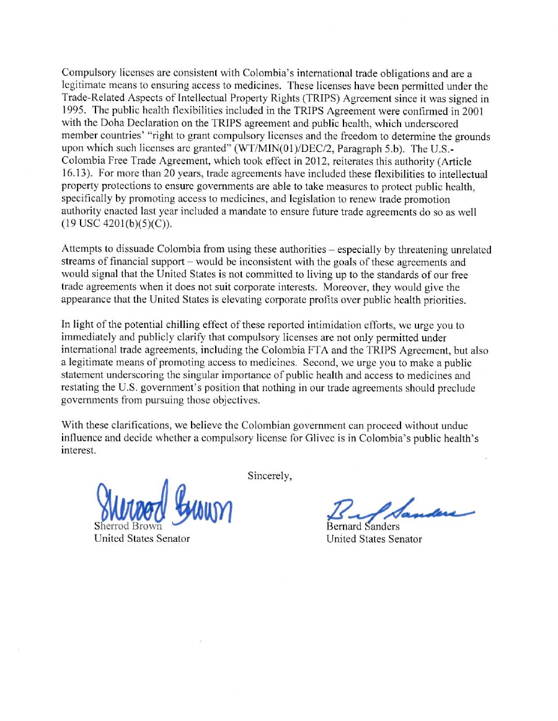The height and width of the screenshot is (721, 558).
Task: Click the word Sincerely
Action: click(x=270, y=476)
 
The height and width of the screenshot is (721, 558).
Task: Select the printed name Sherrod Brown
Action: click(x=127, y=526)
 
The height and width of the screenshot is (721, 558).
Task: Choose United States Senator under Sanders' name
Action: click(x=374, y=539)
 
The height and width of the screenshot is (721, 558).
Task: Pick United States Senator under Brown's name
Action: click(x=141, y=539)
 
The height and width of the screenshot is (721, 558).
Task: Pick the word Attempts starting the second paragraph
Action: click(x=82, y=250)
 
